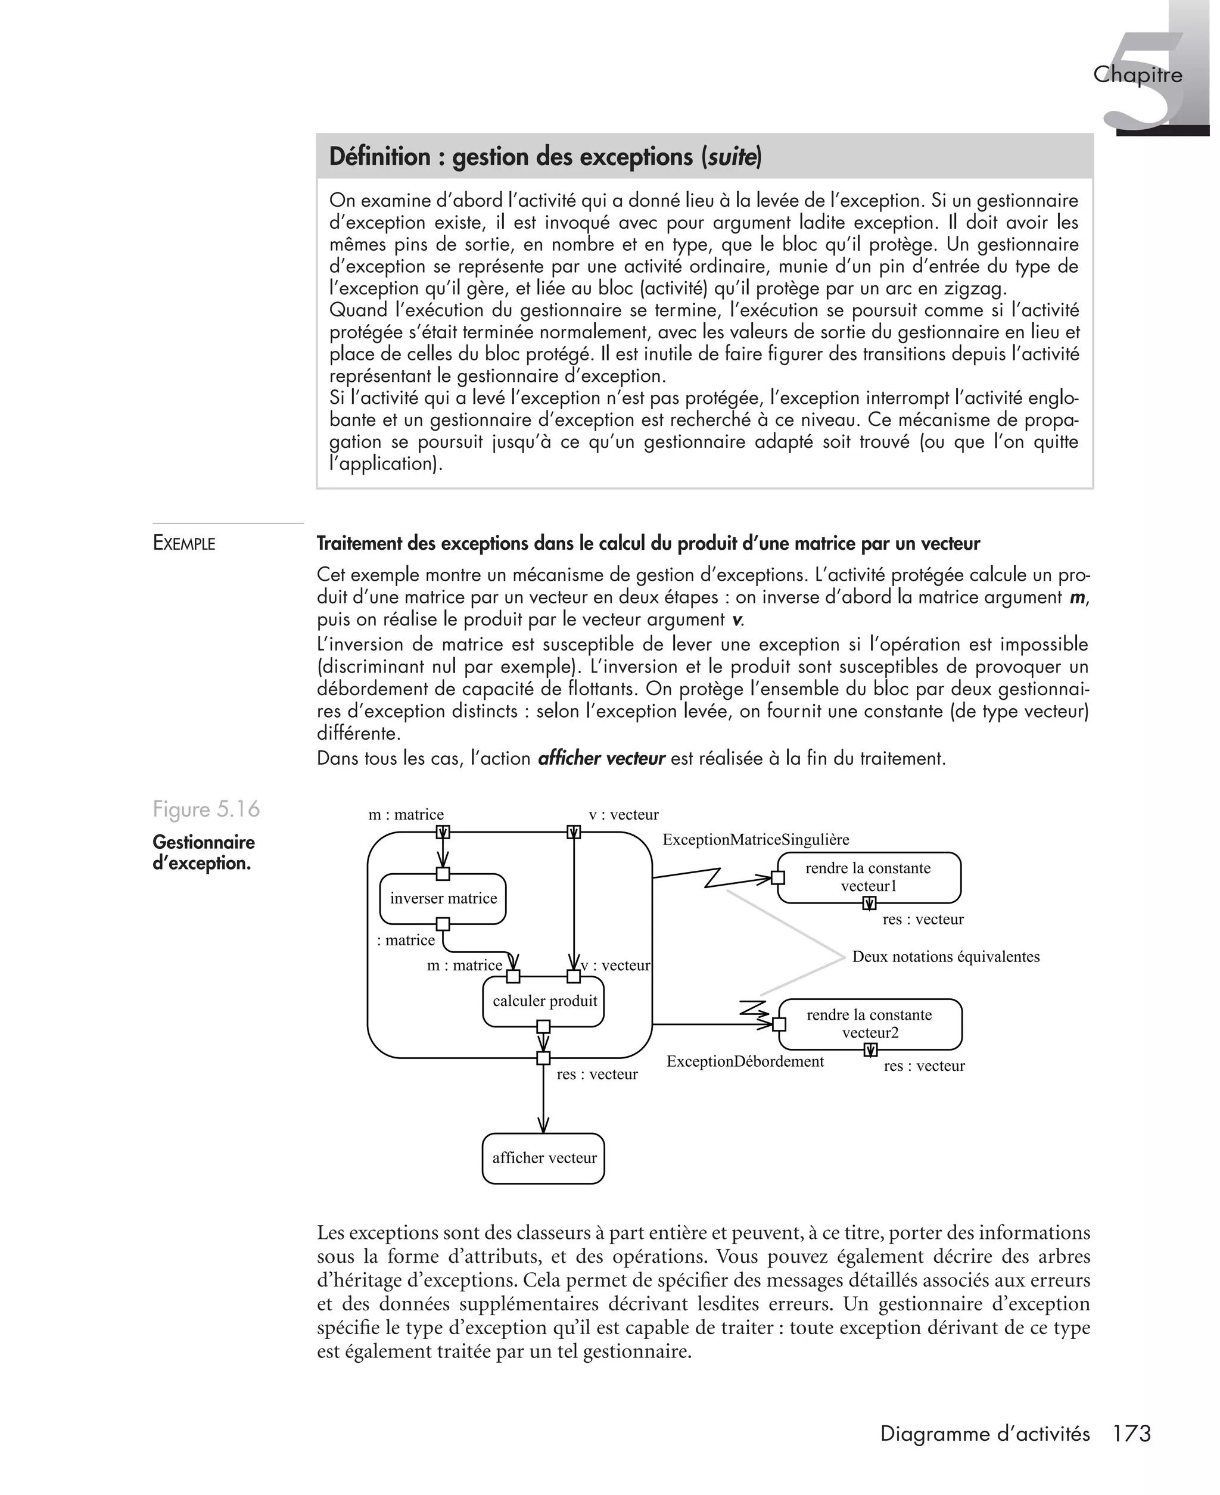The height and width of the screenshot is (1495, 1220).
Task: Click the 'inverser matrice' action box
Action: click(443, 899)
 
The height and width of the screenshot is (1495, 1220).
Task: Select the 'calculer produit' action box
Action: click(544, 1001)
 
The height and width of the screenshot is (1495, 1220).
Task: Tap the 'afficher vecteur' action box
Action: click(543, 1158)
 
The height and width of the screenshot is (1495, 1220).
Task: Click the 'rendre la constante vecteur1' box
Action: click(869, 877)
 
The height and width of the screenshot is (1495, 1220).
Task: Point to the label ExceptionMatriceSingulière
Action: click(755, 840)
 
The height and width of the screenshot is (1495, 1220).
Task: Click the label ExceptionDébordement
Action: click(745, 1061)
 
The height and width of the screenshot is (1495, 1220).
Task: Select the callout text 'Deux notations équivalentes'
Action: click(945, 956)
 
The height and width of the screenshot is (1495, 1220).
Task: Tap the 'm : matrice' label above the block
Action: click(406, 814)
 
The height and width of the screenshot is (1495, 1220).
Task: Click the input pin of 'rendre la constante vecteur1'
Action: click(778, 877)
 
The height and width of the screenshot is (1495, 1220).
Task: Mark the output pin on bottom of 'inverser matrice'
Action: click(443, 924)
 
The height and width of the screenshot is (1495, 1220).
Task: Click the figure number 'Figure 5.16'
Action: click(206, 809)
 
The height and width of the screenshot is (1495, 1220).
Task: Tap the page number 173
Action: click(1131, 1433)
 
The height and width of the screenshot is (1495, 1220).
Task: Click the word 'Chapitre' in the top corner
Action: click(1137, 74)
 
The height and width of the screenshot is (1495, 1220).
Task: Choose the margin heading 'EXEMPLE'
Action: click(184, 543)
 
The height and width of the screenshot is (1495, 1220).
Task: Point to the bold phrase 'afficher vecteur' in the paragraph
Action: click(601, 759)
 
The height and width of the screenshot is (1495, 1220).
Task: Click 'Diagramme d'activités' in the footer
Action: click(985, 1434)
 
